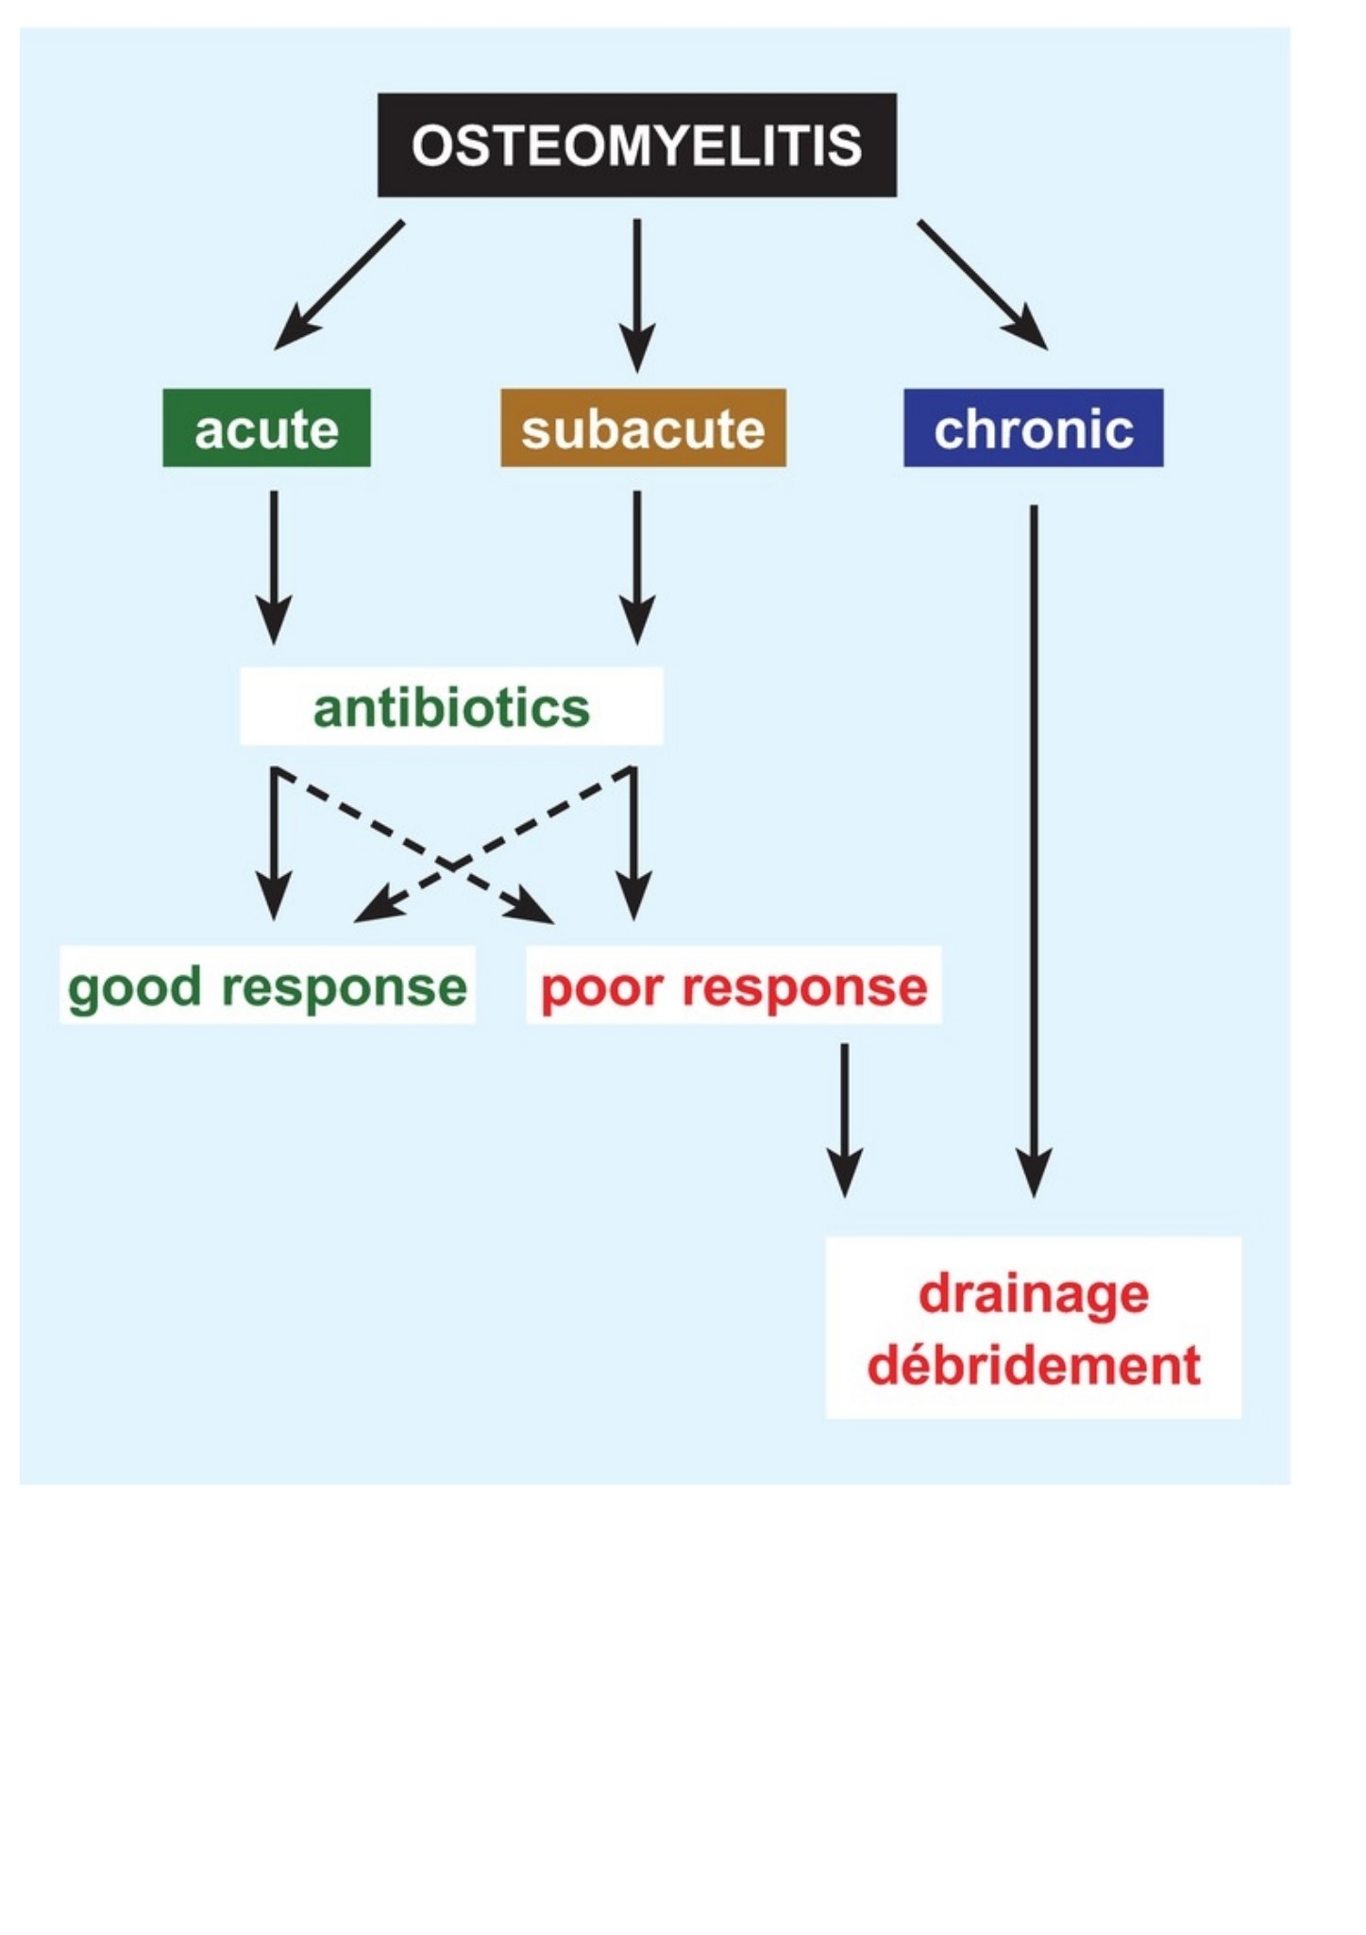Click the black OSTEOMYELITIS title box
coord(637,144)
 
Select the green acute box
coord(266,428)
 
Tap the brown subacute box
coord(643,428)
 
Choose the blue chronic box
coord(1034,428)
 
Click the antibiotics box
coord(451,706)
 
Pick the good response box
coord(267,984)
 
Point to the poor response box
coord(734,984)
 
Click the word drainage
coord(1034,1293)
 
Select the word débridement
coord(1034,1365)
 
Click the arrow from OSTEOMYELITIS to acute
coord(339,285)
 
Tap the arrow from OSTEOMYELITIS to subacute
coord(637,295)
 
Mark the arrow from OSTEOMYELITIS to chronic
coord(983,285)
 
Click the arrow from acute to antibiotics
coord(274,567)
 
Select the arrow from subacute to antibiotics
coord(637,567)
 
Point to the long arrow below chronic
coord(1034,851)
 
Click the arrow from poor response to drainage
coord(844,1120)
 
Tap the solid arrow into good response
coord(274,843)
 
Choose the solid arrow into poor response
coord(633,843)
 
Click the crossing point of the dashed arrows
coord(452,864)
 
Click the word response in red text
coord(804,987)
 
